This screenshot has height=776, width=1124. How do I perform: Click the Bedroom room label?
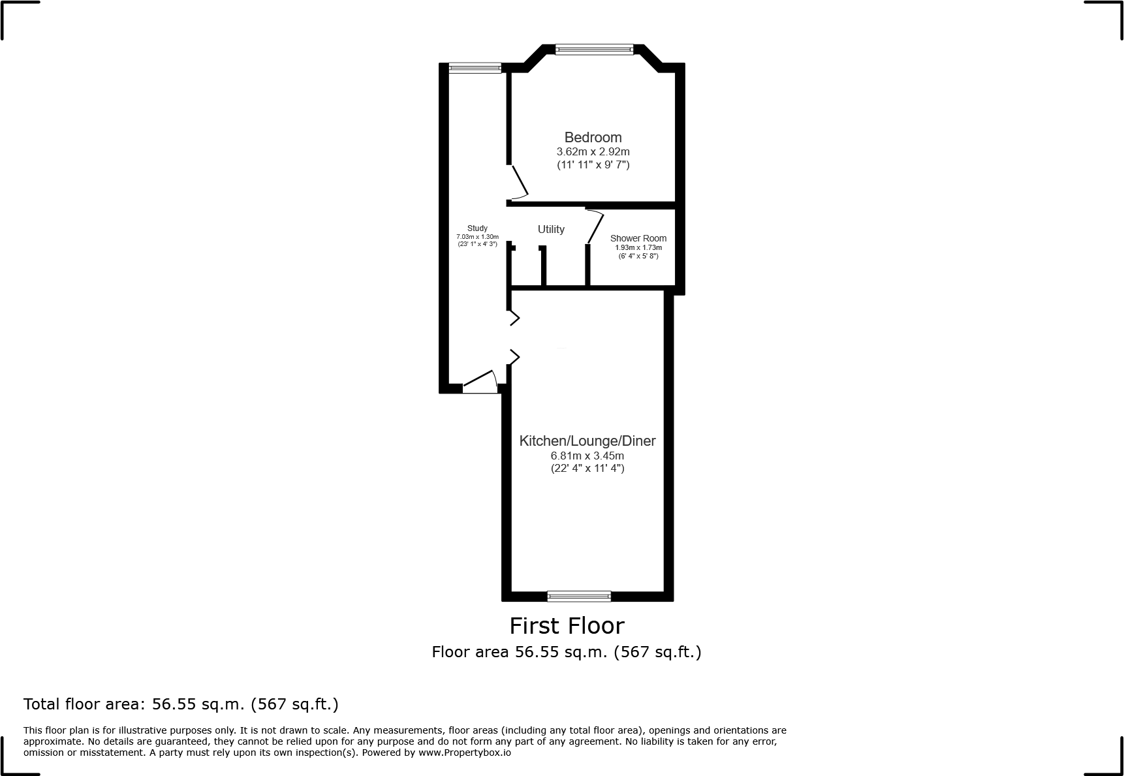pos(593,138)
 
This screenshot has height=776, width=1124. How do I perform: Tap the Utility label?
pos(551,229)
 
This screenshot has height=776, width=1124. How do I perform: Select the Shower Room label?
pos(638,238)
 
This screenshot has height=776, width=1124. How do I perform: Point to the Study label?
pos(477,228)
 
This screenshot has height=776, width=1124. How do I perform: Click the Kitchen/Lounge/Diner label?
pos(587,441)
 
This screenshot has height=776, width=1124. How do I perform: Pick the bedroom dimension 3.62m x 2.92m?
pos(593,151)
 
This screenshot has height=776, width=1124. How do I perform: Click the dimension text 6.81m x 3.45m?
pos(587,456)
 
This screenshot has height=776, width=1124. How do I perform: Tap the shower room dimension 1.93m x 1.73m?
pos(638,247)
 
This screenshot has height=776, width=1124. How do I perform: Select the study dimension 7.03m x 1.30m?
pos(477,236)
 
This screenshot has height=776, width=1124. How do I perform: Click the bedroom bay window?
pos(594,48)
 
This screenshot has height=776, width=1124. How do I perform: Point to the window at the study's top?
pos(475,67)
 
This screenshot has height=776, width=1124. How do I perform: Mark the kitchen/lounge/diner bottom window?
pos(579,595)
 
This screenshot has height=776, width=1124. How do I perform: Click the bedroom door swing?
pos(520,183)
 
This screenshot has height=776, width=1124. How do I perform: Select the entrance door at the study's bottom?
pos(480,382)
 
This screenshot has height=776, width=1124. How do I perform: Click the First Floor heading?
pos(567,626)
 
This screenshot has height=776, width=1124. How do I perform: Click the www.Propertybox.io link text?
pos(464,753)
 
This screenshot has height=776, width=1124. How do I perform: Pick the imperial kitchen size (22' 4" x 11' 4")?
pos(587,468)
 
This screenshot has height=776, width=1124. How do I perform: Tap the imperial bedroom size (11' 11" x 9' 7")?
pos(593,164)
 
